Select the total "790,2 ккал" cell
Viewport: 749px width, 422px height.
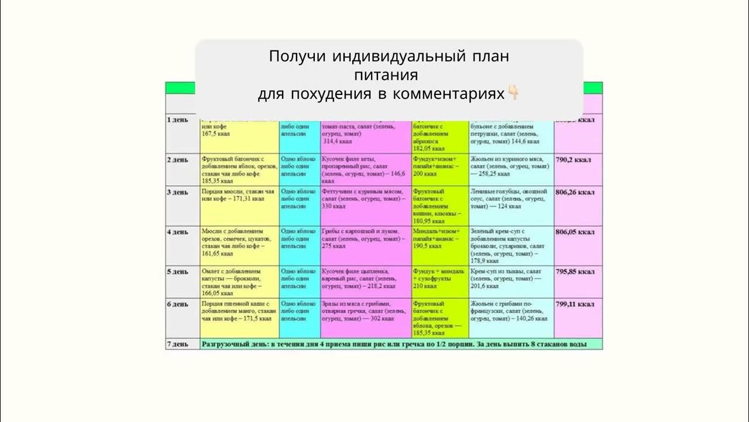click(x=575, y=159)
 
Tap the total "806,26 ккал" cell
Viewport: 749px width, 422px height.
click(x=576, y=192)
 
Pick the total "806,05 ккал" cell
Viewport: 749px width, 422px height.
click(x=576, y=232)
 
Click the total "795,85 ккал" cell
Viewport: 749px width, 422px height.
click(x=576, y=272)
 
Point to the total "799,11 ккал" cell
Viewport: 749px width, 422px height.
click(x=576, y=304)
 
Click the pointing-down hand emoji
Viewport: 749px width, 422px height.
click(x=513, y=94)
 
